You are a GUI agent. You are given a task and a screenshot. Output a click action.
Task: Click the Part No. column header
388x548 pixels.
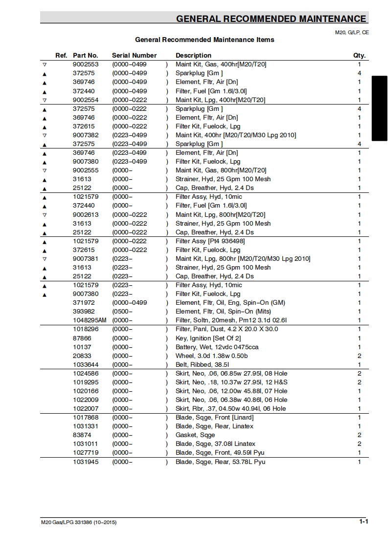tap(85, 56)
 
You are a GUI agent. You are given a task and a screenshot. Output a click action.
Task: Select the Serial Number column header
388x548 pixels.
tap(134, 56)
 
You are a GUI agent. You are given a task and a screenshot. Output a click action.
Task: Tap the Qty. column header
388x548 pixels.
tap(359, 56)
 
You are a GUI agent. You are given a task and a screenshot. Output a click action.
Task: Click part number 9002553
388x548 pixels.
tap(86, 64)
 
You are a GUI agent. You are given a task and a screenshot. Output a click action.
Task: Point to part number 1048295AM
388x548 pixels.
tap(90, 320)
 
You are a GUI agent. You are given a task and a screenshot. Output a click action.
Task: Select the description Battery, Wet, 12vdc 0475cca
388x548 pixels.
tap(217, 347)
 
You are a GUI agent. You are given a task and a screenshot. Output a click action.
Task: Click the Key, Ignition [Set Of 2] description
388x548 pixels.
tap(208, 338)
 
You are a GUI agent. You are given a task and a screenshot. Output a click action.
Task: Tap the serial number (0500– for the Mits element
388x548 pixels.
tap(122, 312)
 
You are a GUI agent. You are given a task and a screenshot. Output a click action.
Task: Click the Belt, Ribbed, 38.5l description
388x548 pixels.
tap(202, 365)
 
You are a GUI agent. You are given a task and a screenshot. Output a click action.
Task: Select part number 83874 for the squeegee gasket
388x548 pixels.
tap(82, 435)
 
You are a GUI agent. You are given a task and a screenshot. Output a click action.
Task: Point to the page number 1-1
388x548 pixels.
tap(363, 522)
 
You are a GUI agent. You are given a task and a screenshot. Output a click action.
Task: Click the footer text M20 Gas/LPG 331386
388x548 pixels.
tap(79, 523)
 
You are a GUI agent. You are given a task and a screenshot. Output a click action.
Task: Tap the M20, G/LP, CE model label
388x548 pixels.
tap(351, 32)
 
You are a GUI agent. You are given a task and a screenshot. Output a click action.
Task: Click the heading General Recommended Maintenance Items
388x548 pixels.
tap(205, 40)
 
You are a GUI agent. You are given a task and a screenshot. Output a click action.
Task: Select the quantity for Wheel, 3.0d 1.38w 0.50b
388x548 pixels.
tap(359, 356)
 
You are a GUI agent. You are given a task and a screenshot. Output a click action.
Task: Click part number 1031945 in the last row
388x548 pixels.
tap(86, 462)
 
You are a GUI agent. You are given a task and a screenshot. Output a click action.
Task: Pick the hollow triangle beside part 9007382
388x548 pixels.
tap(45, 135)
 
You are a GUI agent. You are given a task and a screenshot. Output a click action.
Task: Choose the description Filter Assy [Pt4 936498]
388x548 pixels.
tap(210, 241)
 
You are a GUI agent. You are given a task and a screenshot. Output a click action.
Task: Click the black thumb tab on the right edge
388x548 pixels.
tap(380, 108)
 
